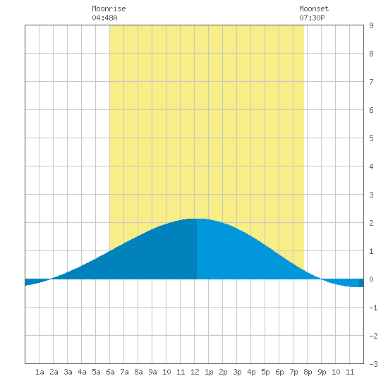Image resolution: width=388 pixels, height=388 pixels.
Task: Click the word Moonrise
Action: [x=109, y=8]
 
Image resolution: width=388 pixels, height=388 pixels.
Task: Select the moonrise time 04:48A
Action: [x=104, y=18]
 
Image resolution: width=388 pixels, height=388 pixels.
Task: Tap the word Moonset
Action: [x=314, y=8]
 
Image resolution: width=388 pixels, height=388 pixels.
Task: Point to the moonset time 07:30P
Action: [x=312, y=18]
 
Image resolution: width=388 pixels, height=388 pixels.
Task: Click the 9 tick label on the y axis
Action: [x=371, y=25]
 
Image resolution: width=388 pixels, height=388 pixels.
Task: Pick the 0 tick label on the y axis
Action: [x=371, y=279]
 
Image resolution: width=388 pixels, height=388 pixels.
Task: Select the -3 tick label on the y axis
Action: [x=373, y=364]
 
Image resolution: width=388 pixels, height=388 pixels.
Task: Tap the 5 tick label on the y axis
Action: [x=371, y=138]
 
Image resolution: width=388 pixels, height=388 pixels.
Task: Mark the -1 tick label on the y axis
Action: [x=373, y=308]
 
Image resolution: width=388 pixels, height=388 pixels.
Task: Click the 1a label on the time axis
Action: [x=40, y=372]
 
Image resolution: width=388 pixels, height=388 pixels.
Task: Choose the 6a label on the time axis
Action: [x=110, y=372]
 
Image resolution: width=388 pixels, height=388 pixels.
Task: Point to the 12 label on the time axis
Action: [x=195, y=372]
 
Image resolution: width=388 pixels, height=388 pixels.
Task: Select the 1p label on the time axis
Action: [x=209, y=372]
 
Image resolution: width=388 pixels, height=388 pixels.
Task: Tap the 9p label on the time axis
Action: [x=322, y=372]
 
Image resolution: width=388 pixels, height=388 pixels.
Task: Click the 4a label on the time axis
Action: [x=82, y=372]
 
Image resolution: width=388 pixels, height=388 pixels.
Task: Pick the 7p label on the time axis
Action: [x=293, y=372]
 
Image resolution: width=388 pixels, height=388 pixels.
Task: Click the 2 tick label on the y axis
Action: [x=371, y=223]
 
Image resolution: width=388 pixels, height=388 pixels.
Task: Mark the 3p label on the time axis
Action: [x=237, y=372]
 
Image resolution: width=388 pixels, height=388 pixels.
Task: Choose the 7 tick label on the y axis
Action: [x=371, y=82]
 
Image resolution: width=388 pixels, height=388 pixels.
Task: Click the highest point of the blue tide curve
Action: [x=197, y=219]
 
